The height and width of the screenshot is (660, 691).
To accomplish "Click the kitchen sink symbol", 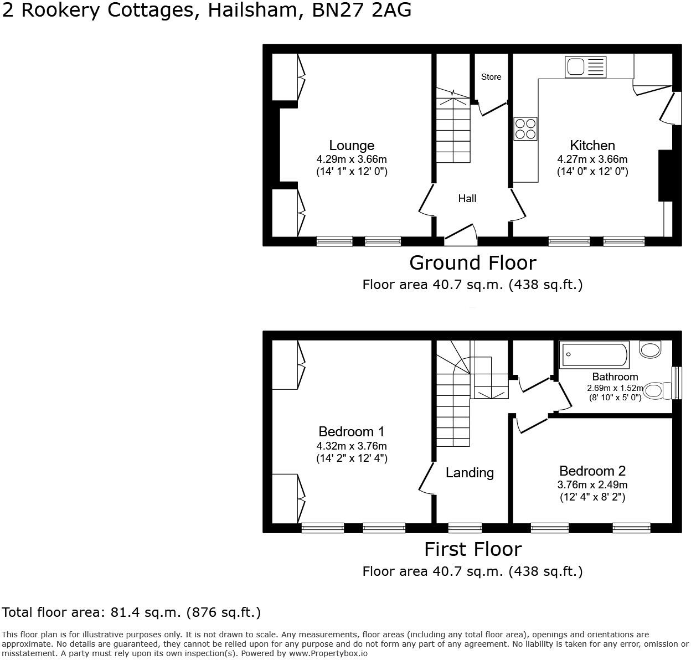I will coord(585,67).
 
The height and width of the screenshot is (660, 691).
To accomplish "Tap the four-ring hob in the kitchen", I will coord(525,128).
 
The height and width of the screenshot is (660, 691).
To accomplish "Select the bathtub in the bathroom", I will coord(594,354).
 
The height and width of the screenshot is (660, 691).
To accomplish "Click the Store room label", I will coord(491,77).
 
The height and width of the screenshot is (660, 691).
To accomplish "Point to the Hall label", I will coord(467,198).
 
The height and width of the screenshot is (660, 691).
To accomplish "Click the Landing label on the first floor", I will coord(470,472).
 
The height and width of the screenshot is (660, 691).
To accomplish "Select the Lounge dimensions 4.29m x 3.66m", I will coord(352,159).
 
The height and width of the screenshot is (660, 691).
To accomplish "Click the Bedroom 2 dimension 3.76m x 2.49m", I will coord(592,484).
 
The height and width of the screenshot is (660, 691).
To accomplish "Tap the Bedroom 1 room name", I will coord(352,431).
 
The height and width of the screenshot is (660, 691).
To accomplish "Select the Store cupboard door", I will coord(493,108).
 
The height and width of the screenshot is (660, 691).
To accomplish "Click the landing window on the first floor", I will coord(465,528).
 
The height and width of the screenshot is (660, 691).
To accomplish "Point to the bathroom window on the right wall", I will coord(676,383).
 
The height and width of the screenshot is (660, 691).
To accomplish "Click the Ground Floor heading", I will coord(473,262).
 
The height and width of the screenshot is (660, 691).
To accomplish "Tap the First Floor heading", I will coord(473,549).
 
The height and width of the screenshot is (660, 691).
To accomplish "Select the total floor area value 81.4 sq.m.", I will coord(143,612).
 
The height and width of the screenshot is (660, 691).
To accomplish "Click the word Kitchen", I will coord(592,145).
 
